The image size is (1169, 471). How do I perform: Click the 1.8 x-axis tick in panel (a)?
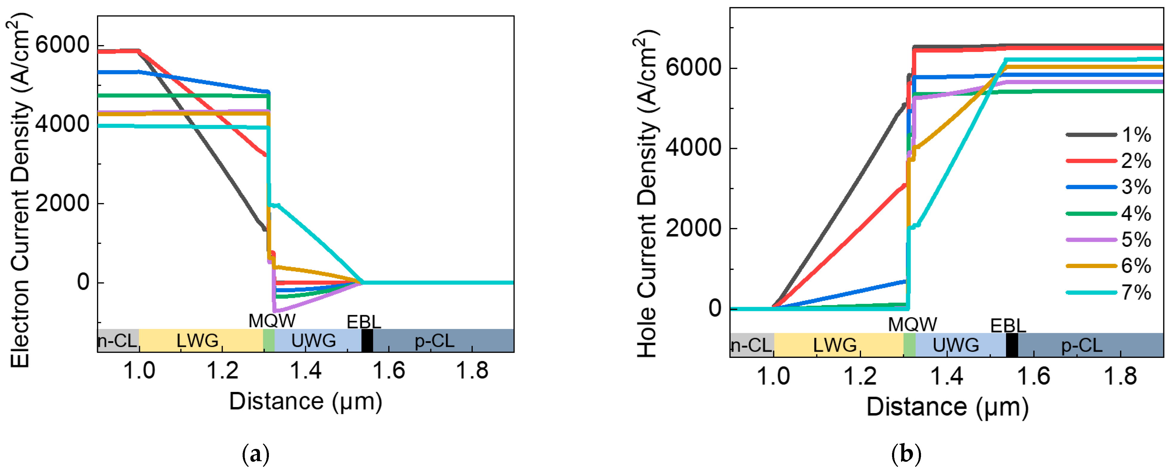tap(472, 371)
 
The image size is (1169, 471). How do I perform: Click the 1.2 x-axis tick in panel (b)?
tap(860, 376)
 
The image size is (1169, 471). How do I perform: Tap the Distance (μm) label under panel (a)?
tap(305, 401)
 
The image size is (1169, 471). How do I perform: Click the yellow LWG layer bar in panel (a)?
tap(200, 340)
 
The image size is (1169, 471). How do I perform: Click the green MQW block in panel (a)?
tap(269, 340)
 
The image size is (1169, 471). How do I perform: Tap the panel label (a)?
tap(256, 454)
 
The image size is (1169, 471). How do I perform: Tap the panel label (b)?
tap(906, 454)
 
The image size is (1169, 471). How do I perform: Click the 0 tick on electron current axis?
tap(83, 282)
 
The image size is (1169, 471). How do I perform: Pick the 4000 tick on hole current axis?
tap(693, 148)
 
